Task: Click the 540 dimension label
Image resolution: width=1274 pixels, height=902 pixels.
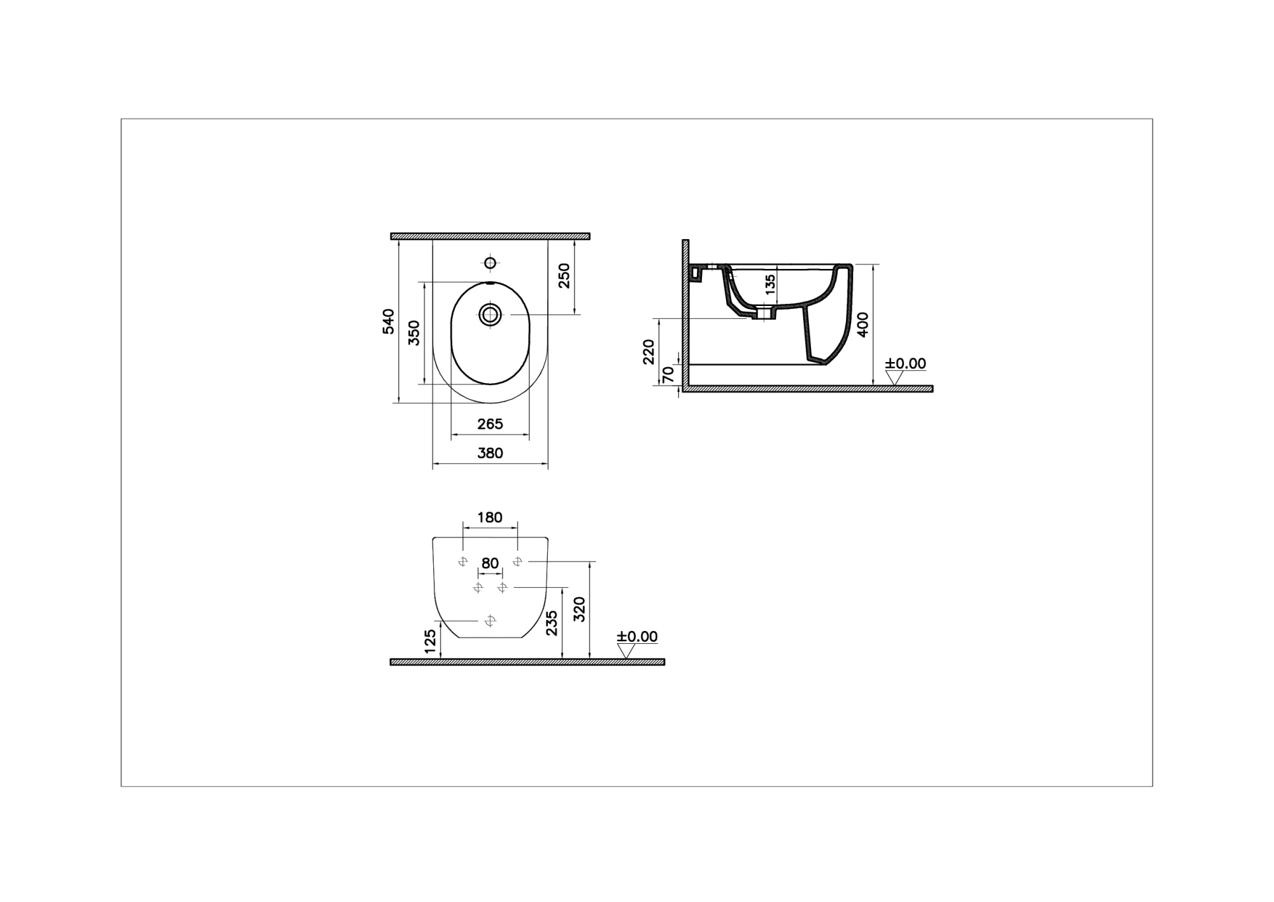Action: [x=389, y=321]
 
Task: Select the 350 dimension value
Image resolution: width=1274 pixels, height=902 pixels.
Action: [x=414, y=333]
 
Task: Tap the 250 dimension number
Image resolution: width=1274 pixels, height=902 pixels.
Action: [x=564, y=275]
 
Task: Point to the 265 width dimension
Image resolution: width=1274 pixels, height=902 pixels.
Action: [x=490, y=423]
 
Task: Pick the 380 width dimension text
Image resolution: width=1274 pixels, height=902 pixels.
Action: [x=490, y=453]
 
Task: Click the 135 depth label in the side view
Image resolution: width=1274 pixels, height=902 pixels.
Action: [x=770, y=285]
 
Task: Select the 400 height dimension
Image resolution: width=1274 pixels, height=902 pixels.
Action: [x=863, y=325]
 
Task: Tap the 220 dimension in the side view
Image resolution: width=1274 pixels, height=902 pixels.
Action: [x=648, y=352]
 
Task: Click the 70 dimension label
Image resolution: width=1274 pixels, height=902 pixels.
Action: [x=668, y=374]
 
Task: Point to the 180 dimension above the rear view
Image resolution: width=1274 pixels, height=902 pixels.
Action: [x=490, y=517]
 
